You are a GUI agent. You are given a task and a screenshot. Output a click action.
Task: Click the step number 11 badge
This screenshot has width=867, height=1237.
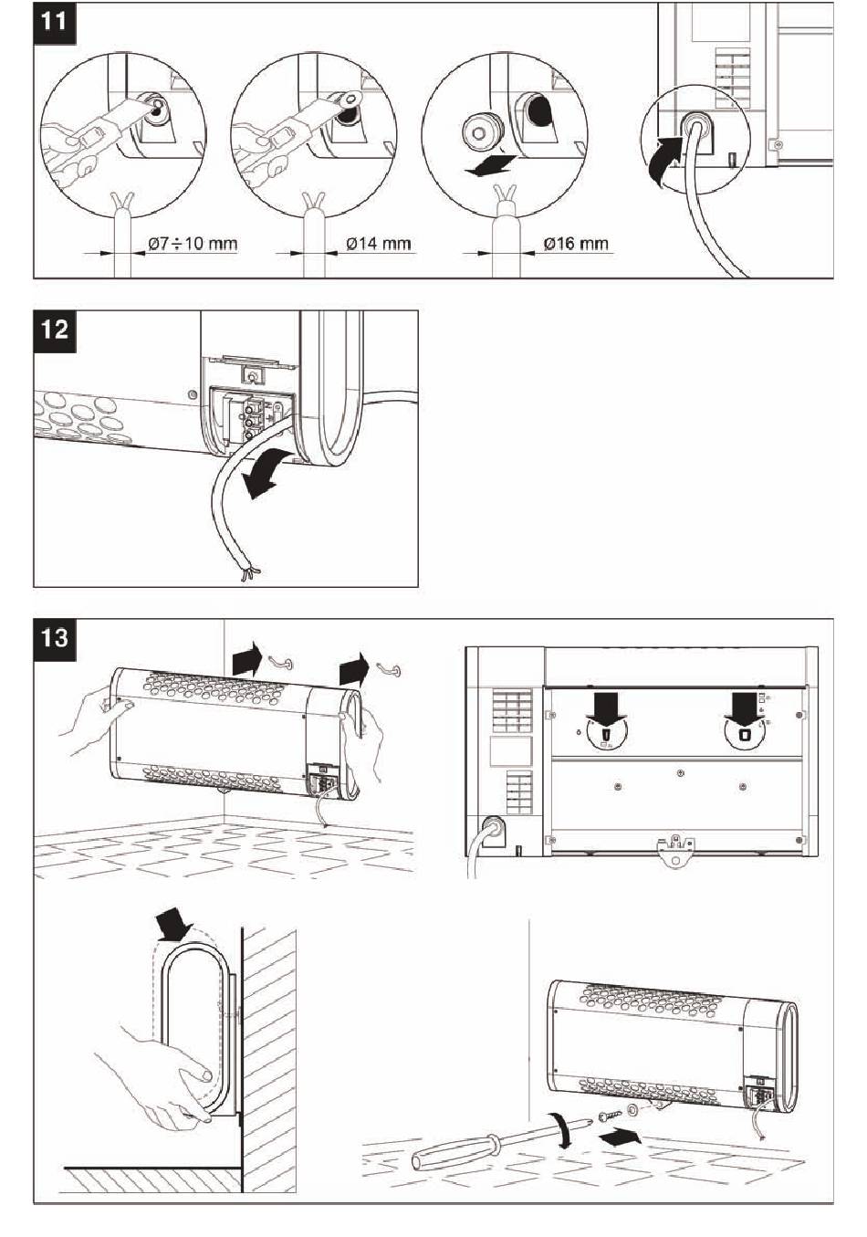pos(55,20)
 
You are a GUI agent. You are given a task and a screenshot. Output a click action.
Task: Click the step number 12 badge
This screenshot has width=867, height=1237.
pos(55,329)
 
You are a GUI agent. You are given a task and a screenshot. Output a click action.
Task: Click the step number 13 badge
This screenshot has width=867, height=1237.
pos(55,636)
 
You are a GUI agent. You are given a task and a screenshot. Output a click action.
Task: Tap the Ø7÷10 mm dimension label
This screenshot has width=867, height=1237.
pos(192,244)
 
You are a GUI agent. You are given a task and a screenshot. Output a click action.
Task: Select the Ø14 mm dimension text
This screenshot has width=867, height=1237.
pos(379,244)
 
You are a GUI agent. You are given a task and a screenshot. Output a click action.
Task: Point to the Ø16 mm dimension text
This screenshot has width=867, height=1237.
pos(575,244)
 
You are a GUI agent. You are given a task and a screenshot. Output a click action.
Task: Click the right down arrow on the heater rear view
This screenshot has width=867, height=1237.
pos(743,707)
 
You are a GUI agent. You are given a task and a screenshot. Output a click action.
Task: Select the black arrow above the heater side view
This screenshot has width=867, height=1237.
pos(174,928)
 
